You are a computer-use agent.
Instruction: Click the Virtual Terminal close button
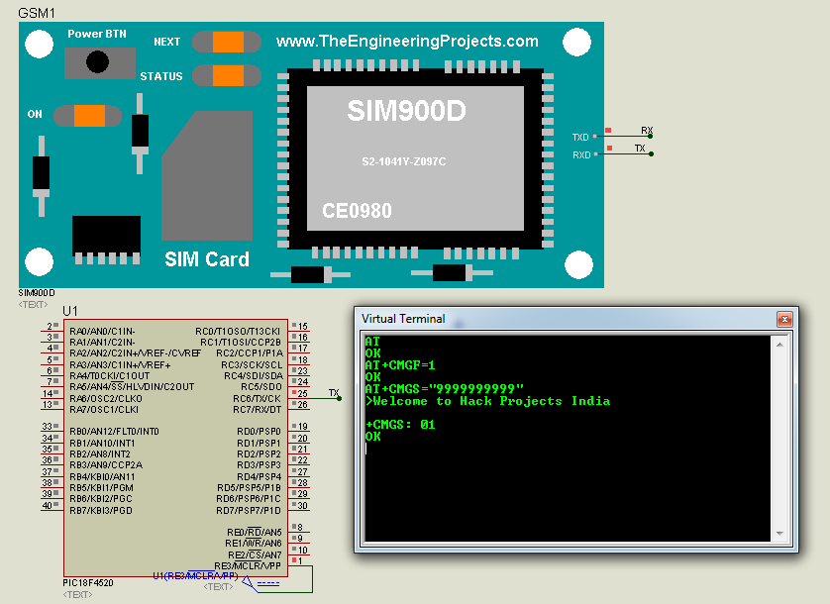(784, 319)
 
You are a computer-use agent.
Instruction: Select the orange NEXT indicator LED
(228, 42)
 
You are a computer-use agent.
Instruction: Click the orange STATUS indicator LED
(228, 75)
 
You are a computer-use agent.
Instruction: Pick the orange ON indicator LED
(89, 115)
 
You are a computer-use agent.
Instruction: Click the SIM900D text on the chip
(406, 112)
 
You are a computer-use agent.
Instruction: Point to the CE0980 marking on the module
(357, 211)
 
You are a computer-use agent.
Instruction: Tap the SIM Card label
(206, 259)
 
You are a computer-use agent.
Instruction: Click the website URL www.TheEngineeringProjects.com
(407, 42)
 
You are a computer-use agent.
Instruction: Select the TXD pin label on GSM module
(581, 138)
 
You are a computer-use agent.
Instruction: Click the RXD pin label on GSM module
(581, 155)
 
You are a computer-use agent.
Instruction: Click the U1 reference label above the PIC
(70, 311)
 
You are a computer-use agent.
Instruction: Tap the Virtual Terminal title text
(403, 319)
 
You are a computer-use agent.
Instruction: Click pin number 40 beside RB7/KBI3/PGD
(47, 506)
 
